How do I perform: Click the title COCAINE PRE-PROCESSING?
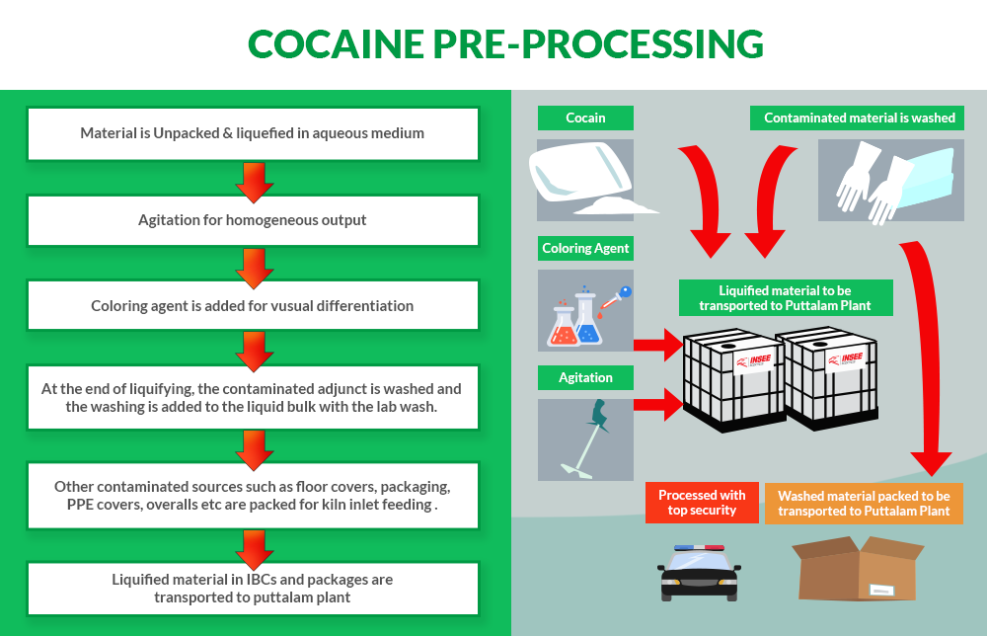click(504, 44)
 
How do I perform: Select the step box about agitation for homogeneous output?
click(252, 220)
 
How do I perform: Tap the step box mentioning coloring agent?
click(252, 305)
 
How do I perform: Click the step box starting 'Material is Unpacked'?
click(252, 133)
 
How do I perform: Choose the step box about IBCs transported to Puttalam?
click(252, 588)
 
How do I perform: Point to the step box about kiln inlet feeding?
click(252, 495)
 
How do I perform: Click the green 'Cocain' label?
click(585, 118)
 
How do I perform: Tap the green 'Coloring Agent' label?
click(585, 248)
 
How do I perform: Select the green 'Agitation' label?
click(585, 377)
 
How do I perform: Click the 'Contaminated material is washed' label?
click(860, 118)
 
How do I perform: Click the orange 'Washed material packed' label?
click(864, 503)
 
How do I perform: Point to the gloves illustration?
click(888, 180)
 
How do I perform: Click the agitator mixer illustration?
click(584, 438)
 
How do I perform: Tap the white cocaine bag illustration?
click(584, 178)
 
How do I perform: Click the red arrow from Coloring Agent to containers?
click(657, 345)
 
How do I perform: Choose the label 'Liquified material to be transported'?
click(786, 297)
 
